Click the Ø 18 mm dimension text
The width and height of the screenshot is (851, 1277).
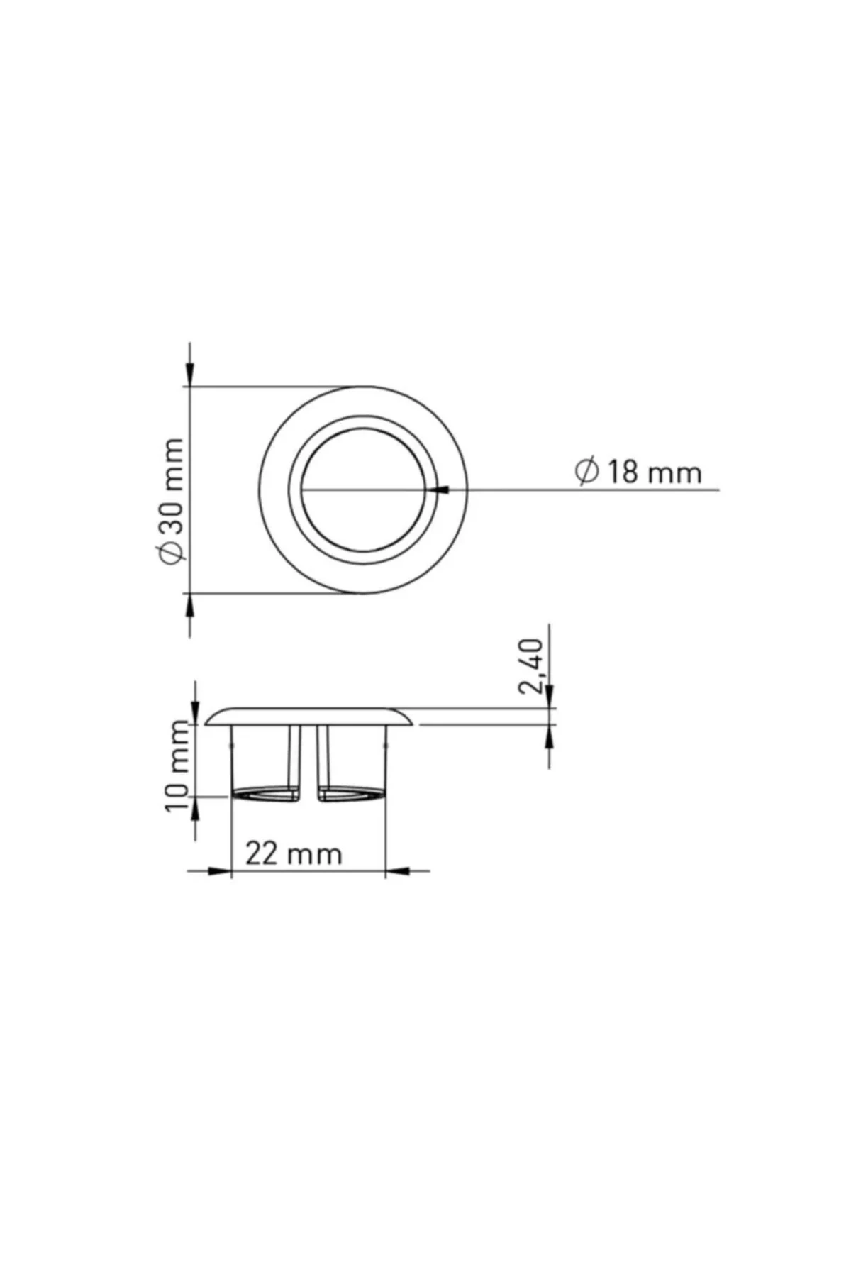click(x=638, y=472)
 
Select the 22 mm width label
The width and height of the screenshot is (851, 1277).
click(x=294, y=853)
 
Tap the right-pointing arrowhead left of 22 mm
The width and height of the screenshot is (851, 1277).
click(x=219, y=870)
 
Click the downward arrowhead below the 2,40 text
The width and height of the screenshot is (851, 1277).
click(x=550, y=696)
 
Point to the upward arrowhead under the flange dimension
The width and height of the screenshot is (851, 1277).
click(x=550, y=738)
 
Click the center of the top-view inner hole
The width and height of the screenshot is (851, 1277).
click(x=363, y=490)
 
